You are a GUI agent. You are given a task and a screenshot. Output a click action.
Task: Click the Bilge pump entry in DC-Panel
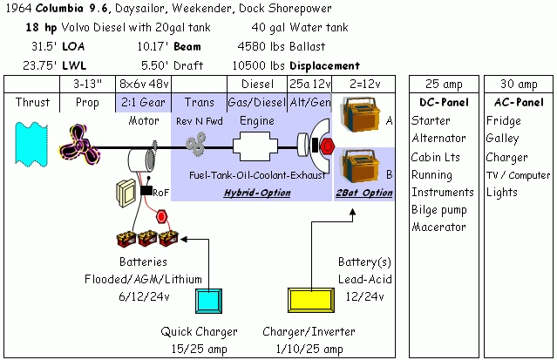point(439,209)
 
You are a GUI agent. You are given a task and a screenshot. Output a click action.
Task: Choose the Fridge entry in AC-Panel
point(503,121)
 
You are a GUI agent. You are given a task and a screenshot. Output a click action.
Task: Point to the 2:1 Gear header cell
point(144,102)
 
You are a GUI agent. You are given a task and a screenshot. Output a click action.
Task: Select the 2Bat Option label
point(364,193)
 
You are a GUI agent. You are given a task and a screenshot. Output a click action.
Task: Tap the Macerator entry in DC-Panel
point(438,227)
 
